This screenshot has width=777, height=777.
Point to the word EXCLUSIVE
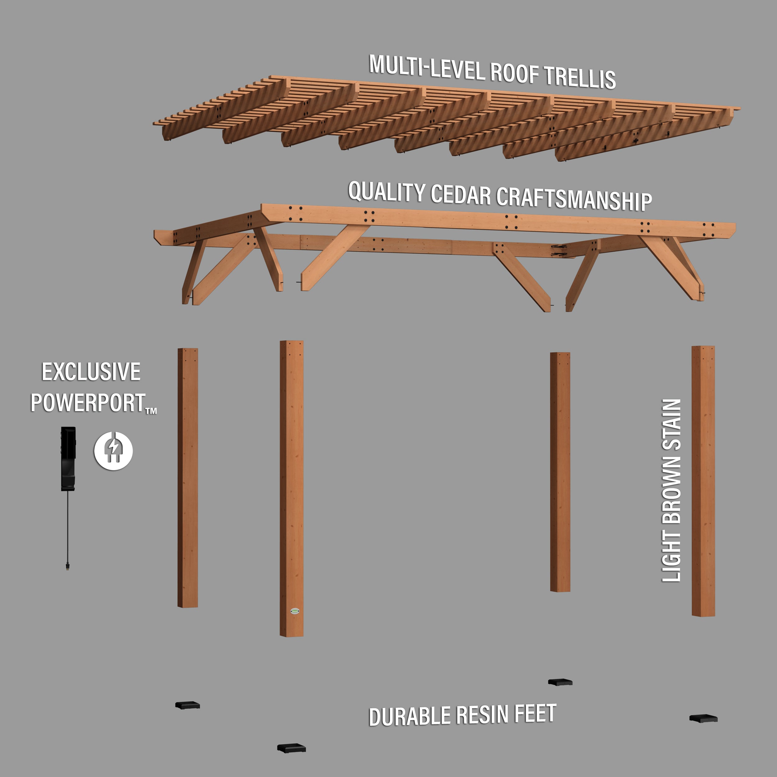point(91,372)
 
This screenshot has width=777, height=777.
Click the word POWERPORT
point(88,403)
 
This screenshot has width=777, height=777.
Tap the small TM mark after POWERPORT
point(151,411)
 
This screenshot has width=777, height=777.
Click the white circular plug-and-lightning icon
point(113,451)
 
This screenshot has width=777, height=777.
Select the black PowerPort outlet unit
point(68,458)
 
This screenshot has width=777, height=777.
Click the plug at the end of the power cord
point(67,566)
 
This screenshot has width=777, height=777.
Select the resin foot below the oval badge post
point(292,748)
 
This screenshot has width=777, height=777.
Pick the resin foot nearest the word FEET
point(560,682)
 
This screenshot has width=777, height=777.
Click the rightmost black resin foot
point(703,718)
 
